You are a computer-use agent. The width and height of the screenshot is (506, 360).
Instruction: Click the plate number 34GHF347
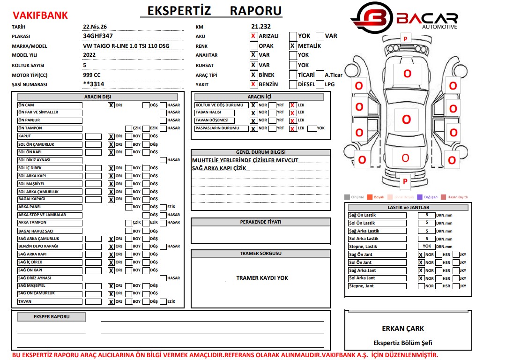pos(97,36)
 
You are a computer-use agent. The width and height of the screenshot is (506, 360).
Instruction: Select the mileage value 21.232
pos(261,27)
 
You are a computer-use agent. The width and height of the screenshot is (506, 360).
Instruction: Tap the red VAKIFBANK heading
pos(40,15)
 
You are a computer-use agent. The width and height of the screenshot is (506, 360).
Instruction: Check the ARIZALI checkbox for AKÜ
pos(253,36)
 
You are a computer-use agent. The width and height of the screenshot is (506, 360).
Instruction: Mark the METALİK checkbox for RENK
pos(293,46)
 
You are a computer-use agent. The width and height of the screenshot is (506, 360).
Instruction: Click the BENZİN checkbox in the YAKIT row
pos(253,85)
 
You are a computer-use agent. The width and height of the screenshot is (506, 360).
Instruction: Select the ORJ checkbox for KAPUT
pos(111,136)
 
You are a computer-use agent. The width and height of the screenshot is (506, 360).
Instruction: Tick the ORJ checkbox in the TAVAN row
pos(111,302)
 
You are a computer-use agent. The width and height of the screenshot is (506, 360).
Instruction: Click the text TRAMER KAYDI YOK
pos(262,278)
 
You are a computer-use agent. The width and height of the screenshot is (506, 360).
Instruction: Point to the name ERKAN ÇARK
pos(402,329)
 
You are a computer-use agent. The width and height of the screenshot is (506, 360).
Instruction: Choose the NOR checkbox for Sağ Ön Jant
pos(421,255)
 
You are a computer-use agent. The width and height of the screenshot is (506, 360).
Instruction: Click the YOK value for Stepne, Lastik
pos(426,246)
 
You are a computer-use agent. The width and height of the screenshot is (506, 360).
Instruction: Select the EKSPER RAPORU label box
pos(52,317)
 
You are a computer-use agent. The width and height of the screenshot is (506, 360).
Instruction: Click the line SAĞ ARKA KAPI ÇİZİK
pos(219,168)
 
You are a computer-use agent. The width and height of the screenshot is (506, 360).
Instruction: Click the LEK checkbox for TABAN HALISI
pos(292,112)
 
